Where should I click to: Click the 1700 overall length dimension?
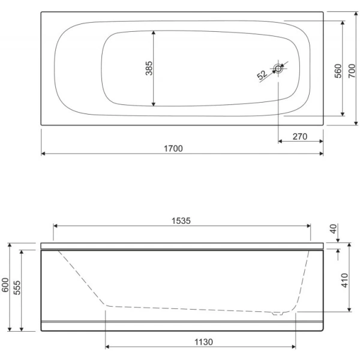tap(173, 149)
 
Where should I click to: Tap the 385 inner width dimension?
tap(149, 68)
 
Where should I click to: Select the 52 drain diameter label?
tap(262, 75)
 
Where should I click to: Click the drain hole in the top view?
tap(278, 68)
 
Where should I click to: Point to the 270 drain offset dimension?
tap(300, 137)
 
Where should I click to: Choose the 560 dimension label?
tap(338, 71)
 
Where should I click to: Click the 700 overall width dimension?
tap(352, 71)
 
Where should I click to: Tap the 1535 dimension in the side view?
tap(181, 221)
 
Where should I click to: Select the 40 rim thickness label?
tap(334, 229)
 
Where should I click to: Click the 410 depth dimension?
tap(345, 281)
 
